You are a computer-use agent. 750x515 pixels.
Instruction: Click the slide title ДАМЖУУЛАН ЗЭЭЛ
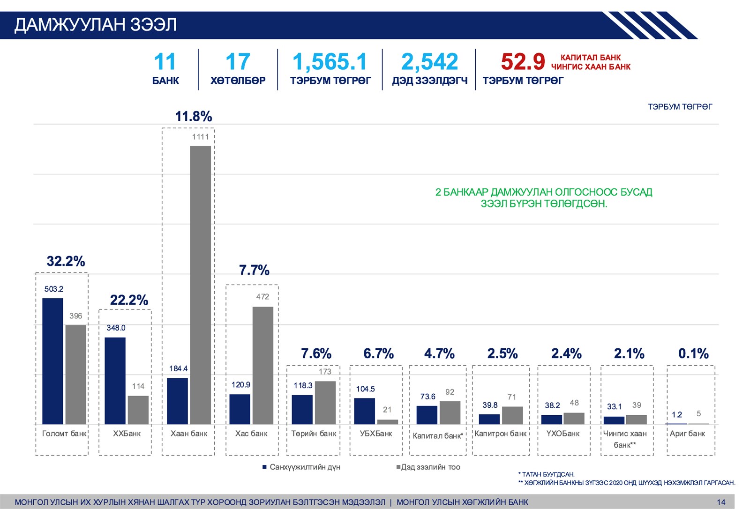click(x=95, y=25)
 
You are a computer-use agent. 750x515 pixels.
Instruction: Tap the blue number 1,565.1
click(x=330, y=62)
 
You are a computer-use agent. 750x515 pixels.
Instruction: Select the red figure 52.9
click(x=523, y=62)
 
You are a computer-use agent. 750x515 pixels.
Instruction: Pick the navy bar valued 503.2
click(x=52, y=361)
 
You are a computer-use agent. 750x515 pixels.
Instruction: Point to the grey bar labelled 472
click(x=263, y=365)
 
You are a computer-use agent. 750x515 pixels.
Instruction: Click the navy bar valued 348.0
click(x=115, y=381)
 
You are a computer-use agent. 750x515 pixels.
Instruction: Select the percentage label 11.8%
click(x=194, y=116)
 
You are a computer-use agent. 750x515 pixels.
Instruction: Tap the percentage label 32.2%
click(x=66, y=261)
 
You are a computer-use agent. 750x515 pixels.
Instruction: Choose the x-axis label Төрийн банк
click(x=314, y=434)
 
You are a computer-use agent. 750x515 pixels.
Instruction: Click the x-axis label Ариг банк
click(x=687, y=434)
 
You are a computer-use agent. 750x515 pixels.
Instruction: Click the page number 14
click(x=721, y=502)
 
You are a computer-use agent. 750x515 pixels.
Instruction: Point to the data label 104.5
click(x=365, y=389)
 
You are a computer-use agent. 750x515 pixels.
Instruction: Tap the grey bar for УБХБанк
click(x=388, y=422)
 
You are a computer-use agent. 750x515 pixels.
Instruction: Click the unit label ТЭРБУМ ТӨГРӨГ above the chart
click(x=680, y=107)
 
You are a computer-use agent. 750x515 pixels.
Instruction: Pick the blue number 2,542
click(x=429, y=62)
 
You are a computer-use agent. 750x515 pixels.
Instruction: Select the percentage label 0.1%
click(x=693, y=353)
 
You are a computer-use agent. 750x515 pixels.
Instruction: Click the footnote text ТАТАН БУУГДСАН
click(x=548, y=474)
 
